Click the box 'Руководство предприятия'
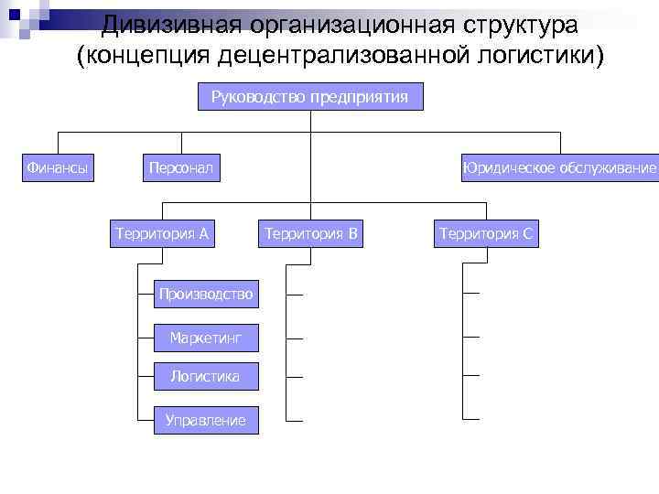310,97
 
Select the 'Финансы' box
58,167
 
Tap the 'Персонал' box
180,167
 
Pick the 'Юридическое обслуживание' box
560,167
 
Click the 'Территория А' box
161,234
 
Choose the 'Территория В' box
310,234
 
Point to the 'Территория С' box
485,234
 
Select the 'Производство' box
205,294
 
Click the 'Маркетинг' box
206,338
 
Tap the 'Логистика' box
205,375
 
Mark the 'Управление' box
205,420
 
